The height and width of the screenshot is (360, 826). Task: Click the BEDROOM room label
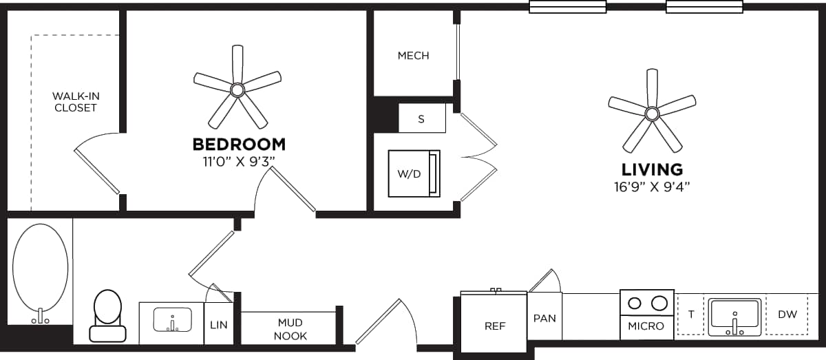point(239,145)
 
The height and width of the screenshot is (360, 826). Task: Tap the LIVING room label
point(652,169)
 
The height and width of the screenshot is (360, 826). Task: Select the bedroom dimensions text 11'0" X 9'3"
point(239,162)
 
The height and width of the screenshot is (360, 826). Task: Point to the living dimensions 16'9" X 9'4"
point(652,187)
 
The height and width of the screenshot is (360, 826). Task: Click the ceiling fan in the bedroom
point(237,89)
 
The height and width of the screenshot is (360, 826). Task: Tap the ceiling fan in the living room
point(652,112)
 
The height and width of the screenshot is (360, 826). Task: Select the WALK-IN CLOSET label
point(76,102)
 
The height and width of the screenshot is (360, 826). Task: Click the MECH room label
point(413,56)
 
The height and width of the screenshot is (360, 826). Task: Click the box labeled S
point(421,118)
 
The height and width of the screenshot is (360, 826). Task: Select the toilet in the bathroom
point(107,315)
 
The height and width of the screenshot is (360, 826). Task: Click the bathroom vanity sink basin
point(171,321)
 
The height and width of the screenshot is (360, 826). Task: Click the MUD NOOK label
point(290,329)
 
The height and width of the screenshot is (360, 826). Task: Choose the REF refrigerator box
point(494,326)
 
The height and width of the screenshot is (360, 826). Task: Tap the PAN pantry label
point(544,318)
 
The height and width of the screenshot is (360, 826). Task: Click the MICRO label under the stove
point(646,326)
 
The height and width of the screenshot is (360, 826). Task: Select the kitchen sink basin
point(734,316)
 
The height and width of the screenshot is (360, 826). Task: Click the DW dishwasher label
point(787,315)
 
